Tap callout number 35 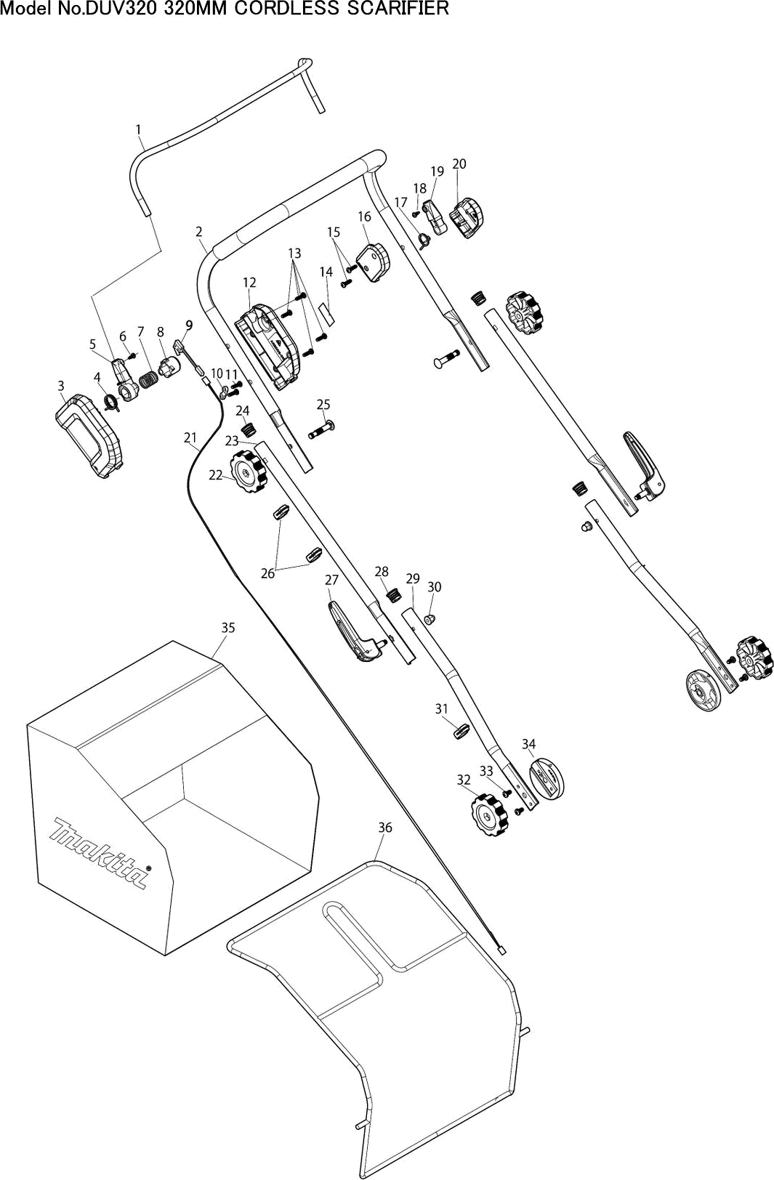coord(227,627)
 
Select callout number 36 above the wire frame coord(385,828)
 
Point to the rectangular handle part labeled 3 coord(89,436)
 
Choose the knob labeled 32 coord(490,816)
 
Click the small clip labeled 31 coord(461,731)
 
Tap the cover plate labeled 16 coord(374,262)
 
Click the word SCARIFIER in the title coord(398,9)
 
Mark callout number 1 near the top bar coord(138,129)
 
